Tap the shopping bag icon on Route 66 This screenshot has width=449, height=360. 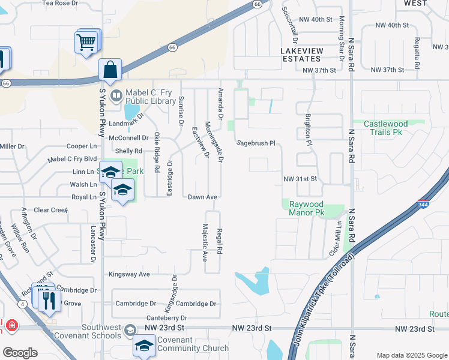tap(110, 70)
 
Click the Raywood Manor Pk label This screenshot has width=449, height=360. tap(307, 208)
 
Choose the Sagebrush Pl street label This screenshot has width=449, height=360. tap(255, 143)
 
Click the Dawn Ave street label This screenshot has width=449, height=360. tap(202, 197)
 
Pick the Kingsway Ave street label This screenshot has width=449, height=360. tap(129, 274)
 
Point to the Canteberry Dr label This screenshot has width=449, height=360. tap(167, 317)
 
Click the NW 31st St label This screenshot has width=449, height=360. tap(300, 179)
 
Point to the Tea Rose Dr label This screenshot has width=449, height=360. tap(60, 3)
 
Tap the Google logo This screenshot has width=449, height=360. tap(19, 353)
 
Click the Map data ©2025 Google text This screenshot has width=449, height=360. tap(412, 355)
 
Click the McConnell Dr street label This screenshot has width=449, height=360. tap(128, 137)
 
